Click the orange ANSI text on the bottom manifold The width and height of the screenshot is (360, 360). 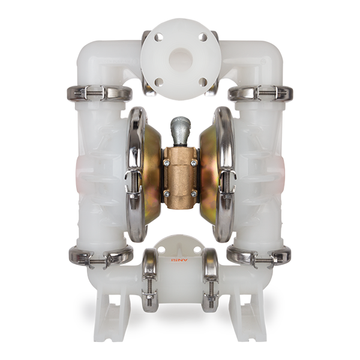[179, 260]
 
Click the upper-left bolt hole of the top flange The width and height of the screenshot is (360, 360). [159, 38]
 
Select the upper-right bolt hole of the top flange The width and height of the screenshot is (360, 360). [203, 38]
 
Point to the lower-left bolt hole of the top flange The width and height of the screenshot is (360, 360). [159, 82]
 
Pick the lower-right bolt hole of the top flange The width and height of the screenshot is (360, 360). [203, 82]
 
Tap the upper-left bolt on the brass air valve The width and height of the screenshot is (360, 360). [166, 163]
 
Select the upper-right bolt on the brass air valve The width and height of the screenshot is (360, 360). [194, 163]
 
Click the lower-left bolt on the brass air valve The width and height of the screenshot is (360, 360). [166, 194]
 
